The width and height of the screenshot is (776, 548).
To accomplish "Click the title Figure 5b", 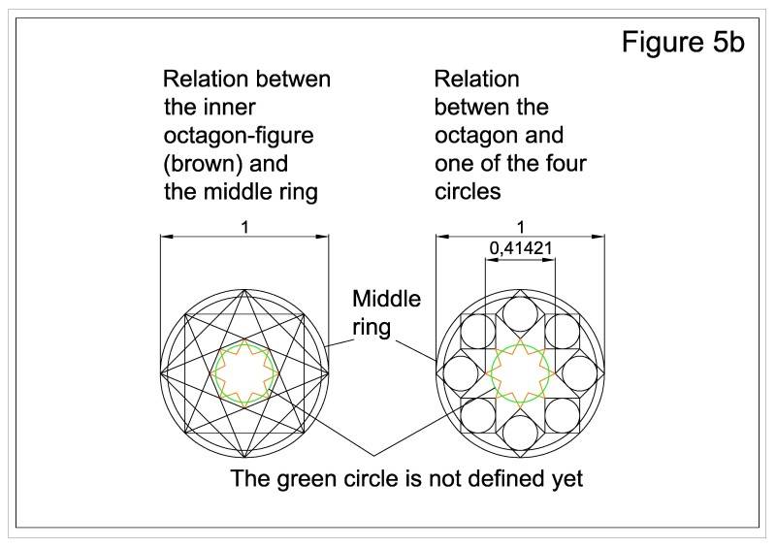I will (x=682, y=45).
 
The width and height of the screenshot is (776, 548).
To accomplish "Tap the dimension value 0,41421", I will (x=521, y=248).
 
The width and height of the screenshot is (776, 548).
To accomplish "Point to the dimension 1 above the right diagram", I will (x=521, y=221).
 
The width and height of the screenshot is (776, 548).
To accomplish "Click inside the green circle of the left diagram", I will (x=245, y=371).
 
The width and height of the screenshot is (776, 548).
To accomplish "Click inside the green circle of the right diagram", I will (x=522, y=371).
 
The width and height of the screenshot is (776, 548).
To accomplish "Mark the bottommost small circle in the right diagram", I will (x=522, y=431).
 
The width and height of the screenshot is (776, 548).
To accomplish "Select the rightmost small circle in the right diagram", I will (x=581, y=371).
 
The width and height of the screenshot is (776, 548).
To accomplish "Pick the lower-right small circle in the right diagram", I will (x=564, y=414).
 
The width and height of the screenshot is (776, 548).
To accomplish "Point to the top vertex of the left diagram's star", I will (x=245, y=289).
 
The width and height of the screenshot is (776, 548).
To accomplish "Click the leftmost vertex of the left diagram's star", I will (x=163, y=371).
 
